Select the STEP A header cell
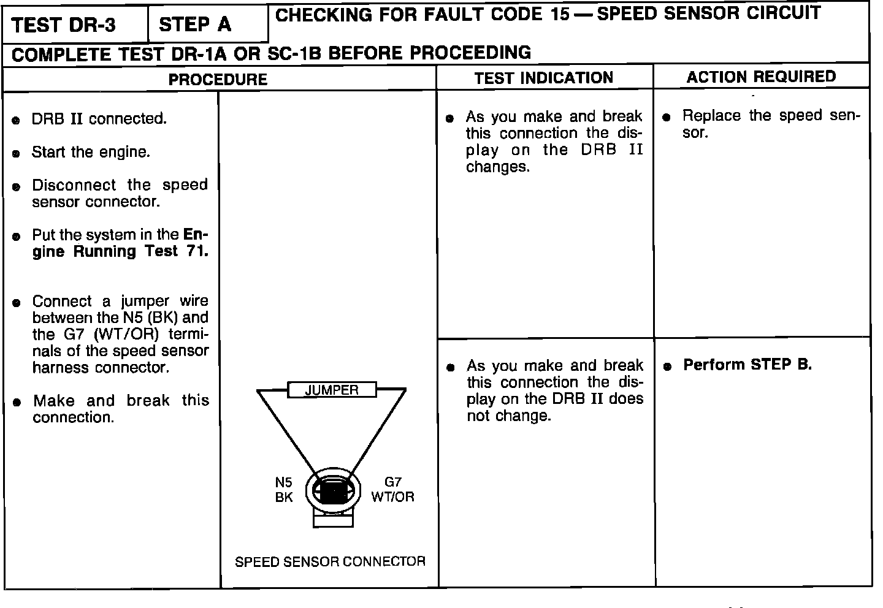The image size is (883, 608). pyautogui.click(x=195, y=25)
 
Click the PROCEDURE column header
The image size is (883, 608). pyautogui.click(x=218, y=80)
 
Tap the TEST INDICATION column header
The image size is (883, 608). pyautogui.click(x=543, y=78)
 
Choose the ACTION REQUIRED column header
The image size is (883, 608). pyautogui.click(x=761, y=77)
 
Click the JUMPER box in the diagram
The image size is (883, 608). pyautogui.click(x=332, y=390)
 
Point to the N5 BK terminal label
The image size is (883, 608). pyautogui.click(x=283, y=490)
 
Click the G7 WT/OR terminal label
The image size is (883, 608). pyautogui.click(x=392, y=490)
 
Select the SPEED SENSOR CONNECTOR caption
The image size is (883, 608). pyautogui.click(x=330, y=561)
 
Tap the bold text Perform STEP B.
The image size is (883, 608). pyautogui.click(x=747, y=365)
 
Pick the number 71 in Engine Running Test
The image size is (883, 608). pyautogui.click(x=196, y=251)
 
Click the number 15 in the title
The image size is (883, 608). pyautogui.click(x=559, y=14)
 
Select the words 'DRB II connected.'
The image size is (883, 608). pyautogui.click(x=99, y=119)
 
